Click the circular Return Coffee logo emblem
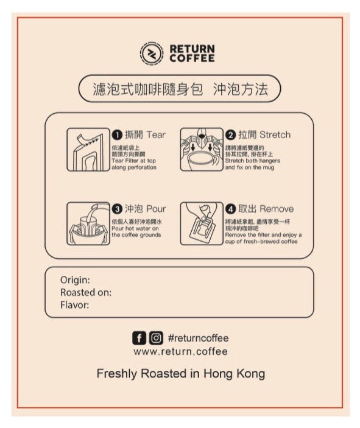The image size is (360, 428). pos(152,53)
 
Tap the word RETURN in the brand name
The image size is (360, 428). pos(192,49)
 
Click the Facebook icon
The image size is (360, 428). pos(139,338)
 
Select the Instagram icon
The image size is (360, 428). pos(156,338)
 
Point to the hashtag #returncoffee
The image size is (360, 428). pos(199,338)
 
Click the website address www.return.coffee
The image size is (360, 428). pos(180,351)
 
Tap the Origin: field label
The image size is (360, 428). pos(75,280)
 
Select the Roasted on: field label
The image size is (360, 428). pos(86,292)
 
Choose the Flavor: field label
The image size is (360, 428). pos(74,305)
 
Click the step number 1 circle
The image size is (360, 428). pos(117,135)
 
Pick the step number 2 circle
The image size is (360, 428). pos(230,135)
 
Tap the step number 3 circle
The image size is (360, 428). pos(117,209)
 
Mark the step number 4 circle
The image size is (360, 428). pos(230,209)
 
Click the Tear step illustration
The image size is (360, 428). pos(88,150)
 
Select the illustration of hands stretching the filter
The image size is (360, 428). pos(202,150)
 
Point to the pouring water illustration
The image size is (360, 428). pos(88,223)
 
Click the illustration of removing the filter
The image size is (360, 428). pos(202,223)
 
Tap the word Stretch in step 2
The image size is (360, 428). pos(275,135)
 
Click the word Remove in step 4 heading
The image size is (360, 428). pos(277,209)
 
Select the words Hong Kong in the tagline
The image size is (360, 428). pos(234,374)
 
